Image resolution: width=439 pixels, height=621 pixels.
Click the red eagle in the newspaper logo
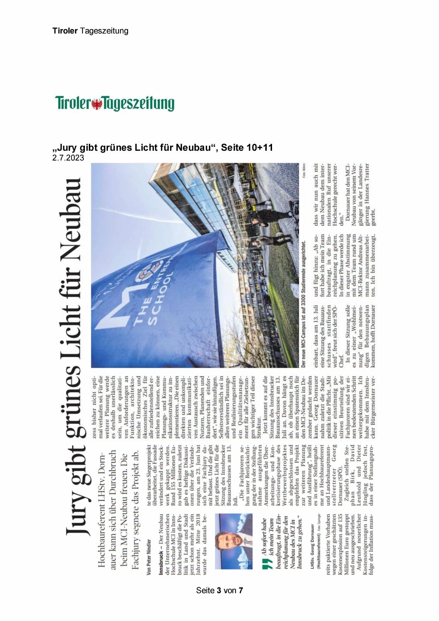tap(97, 104)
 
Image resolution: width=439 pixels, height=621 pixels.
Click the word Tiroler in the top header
tap(65, 31)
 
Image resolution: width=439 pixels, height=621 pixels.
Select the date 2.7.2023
tap(68, 158)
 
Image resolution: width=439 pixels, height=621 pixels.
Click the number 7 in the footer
tap(241, 590)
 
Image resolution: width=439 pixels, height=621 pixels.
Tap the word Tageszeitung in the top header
tap(104, 31)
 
